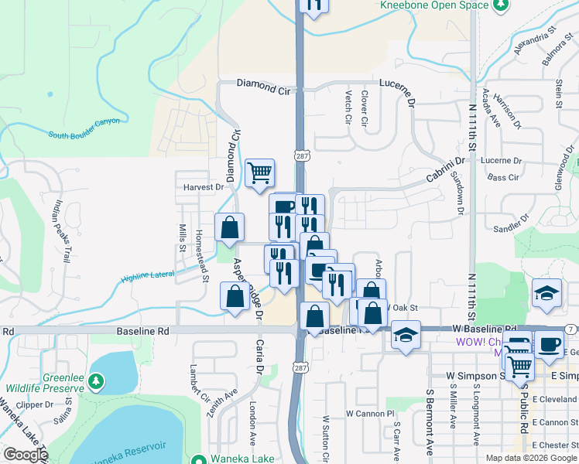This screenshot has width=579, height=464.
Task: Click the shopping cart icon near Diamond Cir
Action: (260, 172)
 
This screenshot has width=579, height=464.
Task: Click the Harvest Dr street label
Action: (203, 187)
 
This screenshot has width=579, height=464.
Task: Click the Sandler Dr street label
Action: (508, 227)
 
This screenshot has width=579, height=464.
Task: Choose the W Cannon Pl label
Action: (370, 414)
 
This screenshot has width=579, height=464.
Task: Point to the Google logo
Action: (25, 455)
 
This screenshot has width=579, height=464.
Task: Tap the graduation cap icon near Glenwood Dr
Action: (546, 293)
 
